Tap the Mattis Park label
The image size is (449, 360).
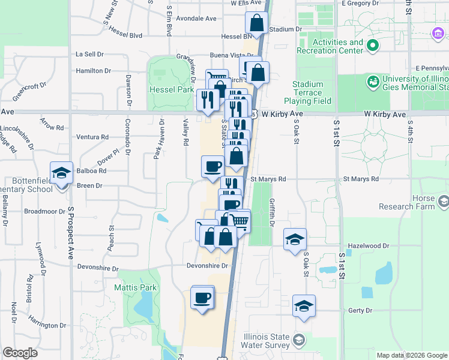(135, 287)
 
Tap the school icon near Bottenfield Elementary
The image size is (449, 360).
(61, 173)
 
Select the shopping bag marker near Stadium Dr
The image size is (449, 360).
(256, 23)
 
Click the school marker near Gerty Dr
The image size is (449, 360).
(304, 306)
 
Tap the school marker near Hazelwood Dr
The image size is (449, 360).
(295, 239)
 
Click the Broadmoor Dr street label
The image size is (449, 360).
(44, 211)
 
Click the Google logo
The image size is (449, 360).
(20, 353)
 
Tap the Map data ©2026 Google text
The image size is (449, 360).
(411, 355)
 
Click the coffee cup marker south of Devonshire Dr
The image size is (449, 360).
(202, 298)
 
